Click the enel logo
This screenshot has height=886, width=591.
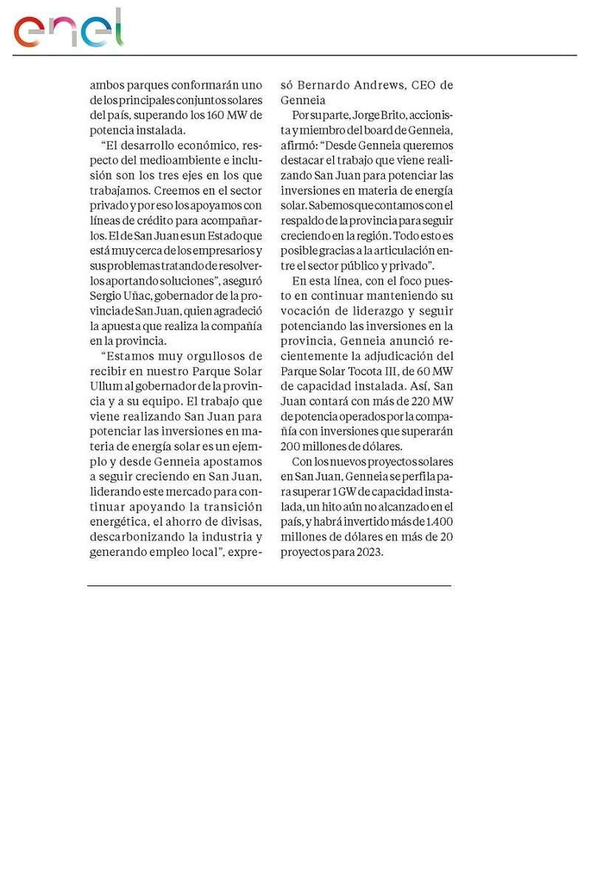(68, 30)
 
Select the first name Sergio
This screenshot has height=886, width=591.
(106, 296)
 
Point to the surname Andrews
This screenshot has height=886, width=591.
(366, 84)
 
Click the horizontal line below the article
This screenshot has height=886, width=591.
(269, 585)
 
